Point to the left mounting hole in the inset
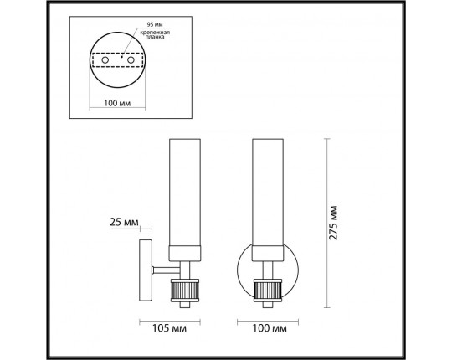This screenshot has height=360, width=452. (x=103, y=60)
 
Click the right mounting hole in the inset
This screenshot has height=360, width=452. (x=131, y=60)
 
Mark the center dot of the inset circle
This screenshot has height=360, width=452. (x=117, y=60)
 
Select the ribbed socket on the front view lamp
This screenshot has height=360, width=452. (x=269, y=291)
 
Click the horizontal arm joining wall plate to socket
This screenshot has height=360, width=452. (x=161, y=270)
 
